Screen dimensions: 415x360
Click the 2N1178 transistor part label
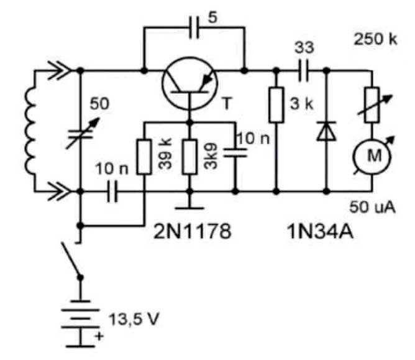[193, 231]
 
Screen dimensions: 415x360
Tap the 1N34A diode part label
[320, 232]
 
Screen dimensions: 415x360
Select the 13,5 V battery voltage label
[134, 319]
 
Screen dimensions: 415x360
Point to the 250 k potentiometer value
[376, 40]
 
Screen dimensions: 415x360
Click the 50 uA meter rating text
[372, 207]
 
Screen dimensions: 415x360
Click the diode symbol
[327, 131]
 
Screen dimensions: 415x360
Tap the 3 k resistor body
[276, 105]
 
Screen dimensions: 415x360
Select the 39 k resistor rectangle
[144, 157]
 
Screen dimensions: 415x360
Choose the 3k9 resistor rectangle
[189, 157]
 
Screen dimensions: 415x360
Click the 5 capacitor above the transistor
[194, 27]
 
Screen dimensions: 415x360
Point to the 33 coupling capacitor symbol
[304, 71]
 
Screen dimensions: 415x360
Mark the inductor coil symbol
[30, 131]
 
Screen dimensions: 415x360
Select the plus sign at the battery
[99, 336]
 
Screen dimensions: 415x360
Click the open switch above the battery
[71, 261]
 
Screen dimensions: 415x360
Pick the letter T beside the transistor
[227, 103]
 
